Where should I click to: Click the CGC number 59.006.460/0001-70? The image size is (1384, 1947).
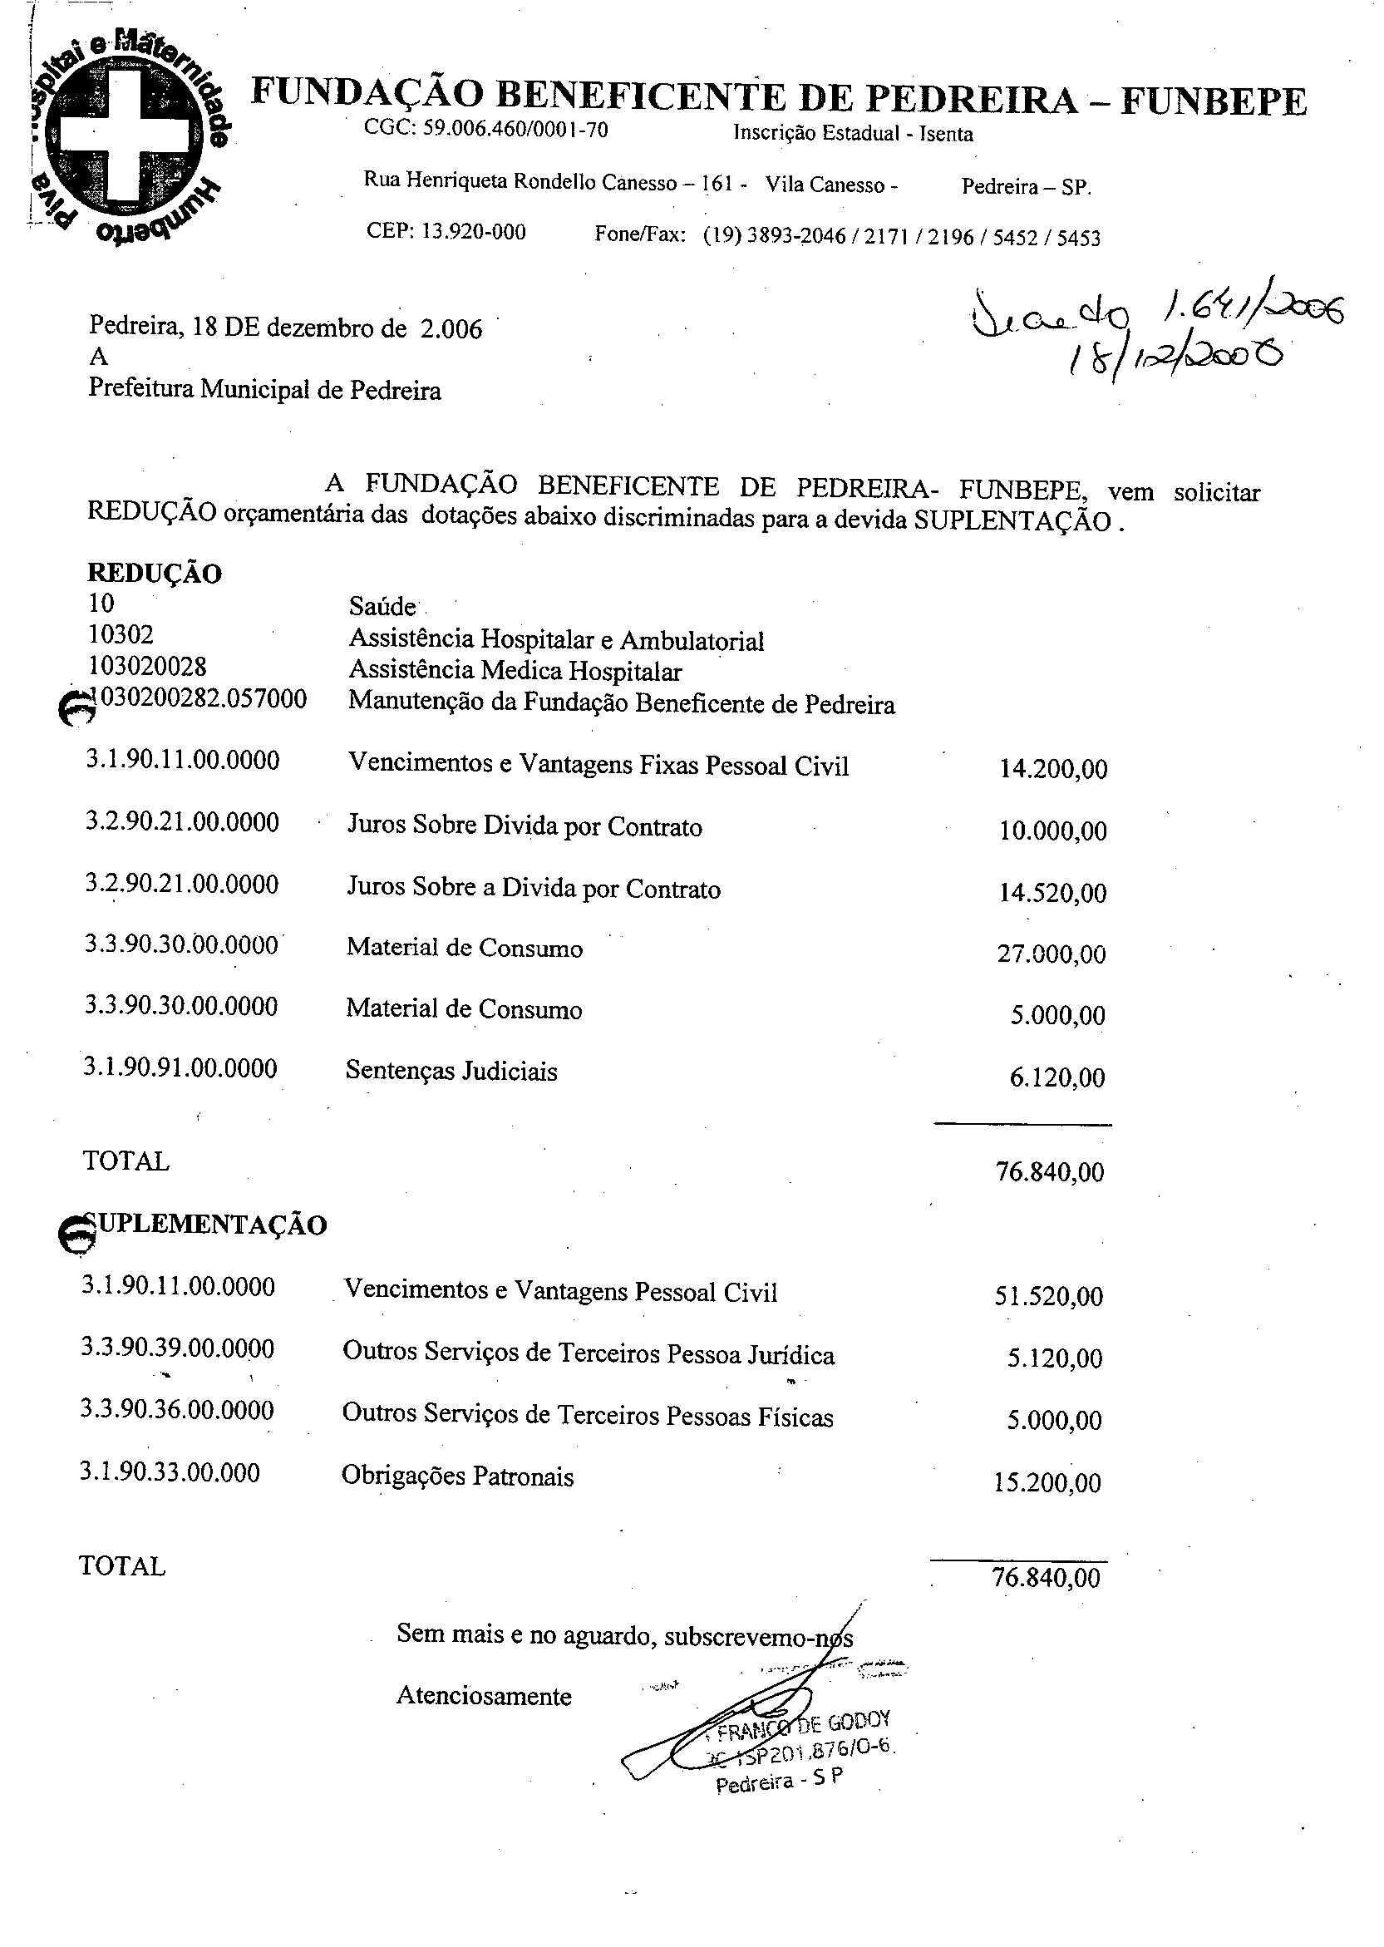point(485,130)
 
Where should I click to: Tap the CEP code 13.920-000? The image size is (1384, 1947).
point(445,232)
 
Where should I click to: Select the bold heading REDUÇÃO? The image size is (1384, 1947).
point(155,574)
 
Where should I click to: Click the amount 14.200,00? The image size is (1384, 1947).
point(1053,770)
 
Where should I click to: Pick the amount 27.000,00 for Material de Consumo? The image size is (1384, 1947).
point(1052,954)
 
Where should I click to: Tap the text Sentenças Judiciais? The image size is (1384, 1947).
point(451,1071)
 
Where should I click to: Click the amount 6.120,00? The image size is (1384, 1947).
point(1056,1078)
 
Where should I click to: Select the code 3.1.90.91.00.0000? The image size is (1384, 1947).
point(180,1068)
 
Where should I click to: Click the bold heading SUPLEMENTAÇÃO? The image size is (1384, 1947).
point(204,1225)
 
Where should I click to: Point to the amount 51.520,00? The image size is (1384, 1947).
point(1048,1297)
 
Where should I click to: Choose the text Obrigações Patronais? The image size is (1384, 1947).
point(457,1476)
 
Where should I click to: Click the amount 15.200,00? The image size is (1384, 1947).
point(1047,1483)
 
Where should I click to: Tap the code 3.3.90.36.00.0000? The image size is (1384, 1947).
point(177,1410)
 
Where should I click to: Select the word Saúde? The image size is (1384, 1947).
point(382,607)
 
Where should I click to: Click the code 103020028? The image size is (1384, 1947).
point(146,665)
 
